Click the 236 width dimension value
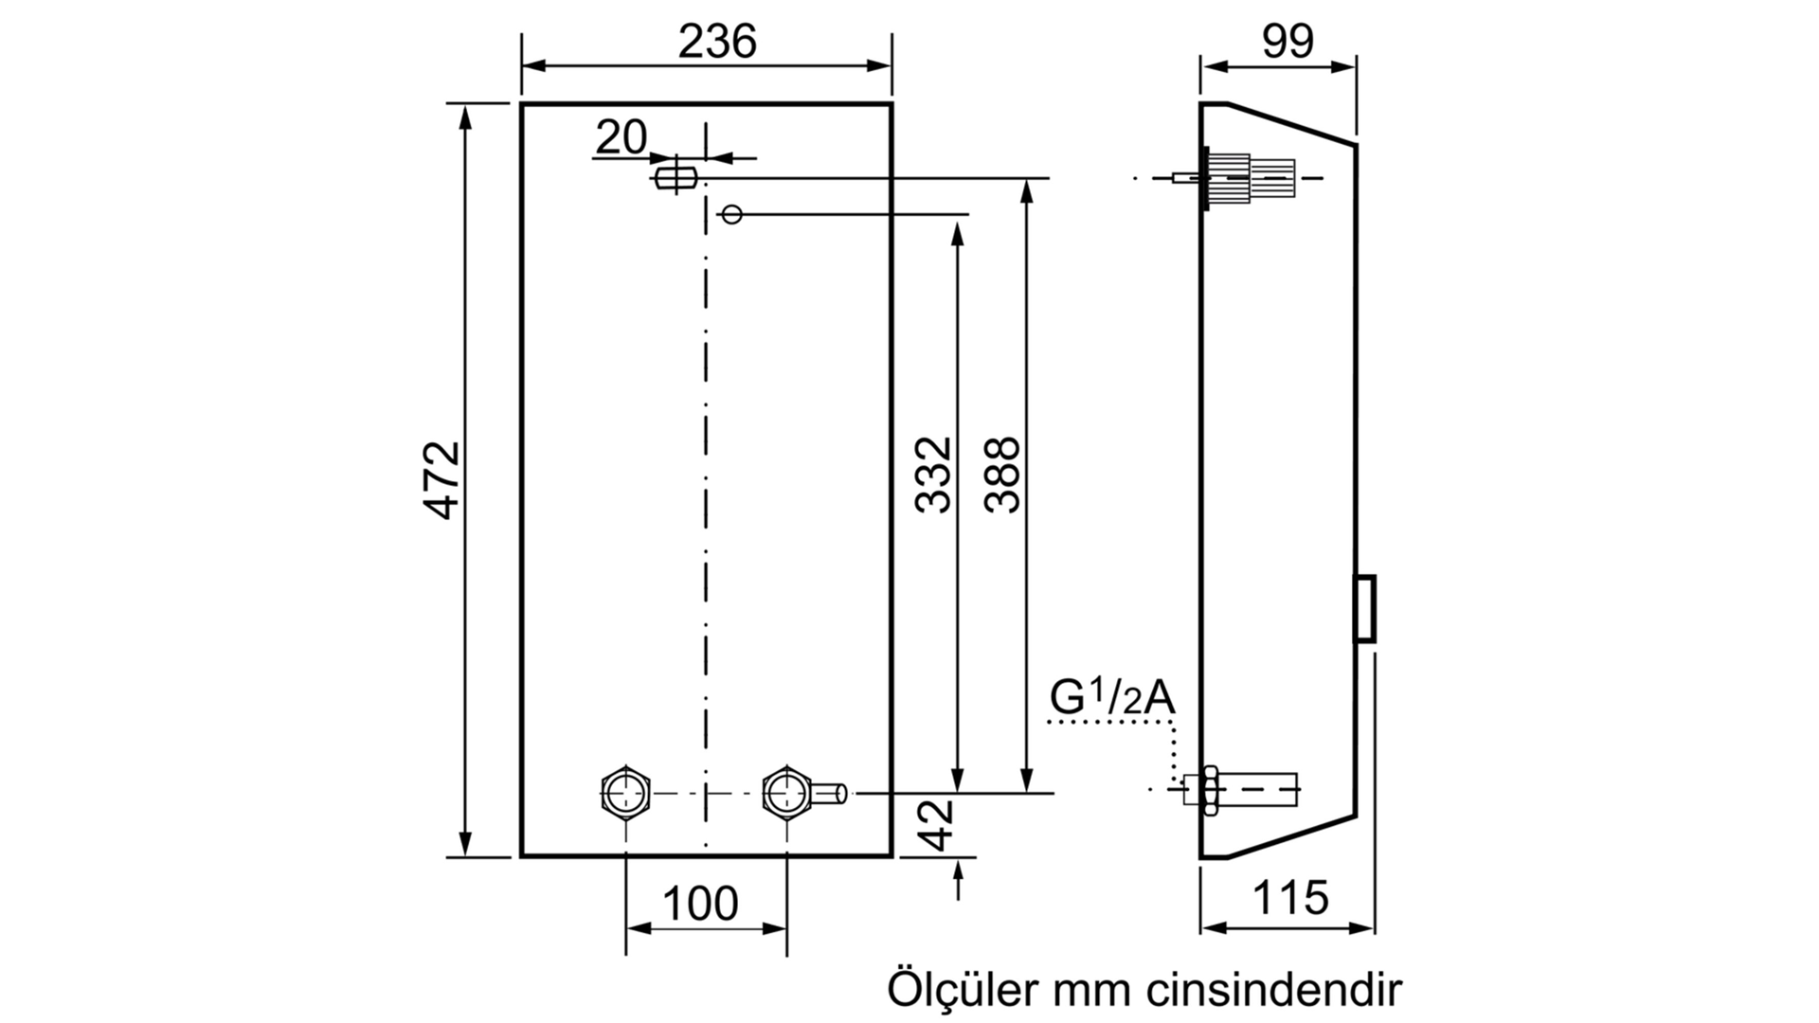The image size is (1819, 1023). click(x=717, y=42)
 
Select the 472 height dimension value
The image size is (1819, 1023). click(x=442, y=479)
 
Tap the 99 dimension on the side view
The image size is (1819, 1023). click(x=1288, y=42)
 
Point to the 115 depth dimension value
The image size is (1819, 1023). click(x=1290, y=897)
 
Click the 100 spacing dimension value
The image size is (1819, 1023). click(x=700, y=904)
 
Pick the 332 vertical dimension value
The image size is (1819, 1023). click(x=934, y=475)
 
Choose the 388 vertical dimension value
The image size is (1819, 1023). click(x=1002, y=475)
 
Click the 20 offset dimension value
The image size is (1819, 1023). click(x=621, y=137)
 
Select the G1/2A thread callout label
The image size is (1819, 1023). click(x=1112, y=699)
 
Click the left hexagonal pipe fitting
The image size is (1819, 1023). click(x=625, y=792)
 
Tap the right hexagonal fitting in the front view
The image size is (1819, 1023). click(x=786, y=792)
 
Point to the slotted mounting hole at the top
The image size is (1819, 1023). click(x=675, y=176)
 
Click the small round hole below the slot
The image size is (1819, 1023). click(x=731, y=214)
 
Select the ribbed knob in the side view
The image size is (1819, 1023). click(x=1251, y=178)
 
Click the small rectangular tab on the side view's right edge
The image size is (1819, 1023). click(x=1364, y=608)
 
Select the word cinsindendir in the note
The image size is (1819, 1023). click(x=1274, y=989)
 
